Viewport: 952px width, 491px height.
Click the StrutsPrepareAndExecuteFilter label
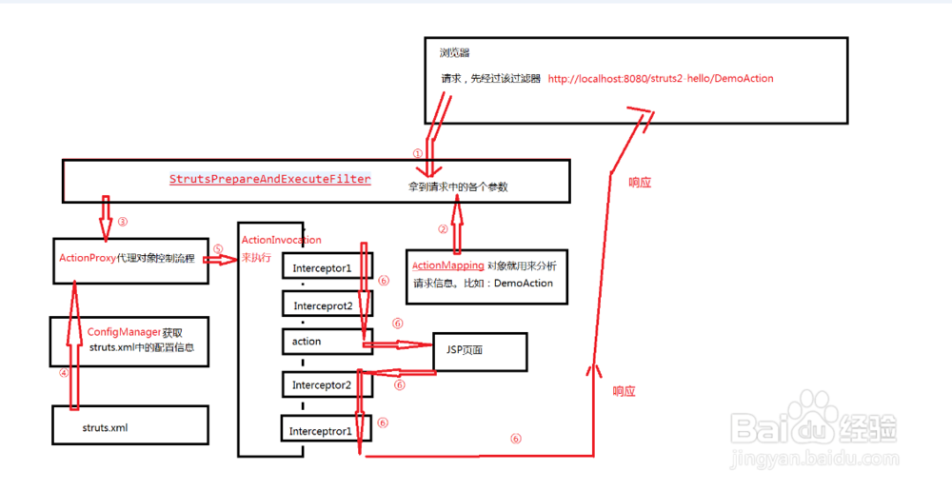tap(270, 179)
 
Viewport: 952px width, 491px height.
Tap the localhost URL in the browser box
tap(661, 78)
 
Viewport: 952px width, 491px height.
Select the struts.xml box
tap(129, 424)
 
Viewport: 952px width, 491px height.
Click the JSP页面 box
tap(479, 351)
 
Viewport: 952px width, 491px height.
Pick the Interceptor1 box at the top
tap(327, 265)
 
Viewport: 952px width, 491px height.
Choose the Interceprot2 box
tap(327, 304)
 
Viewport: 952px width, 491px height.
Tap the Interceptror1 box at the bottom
tap(326, 428)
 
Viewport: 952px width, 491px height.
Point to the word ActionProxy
tap(88, 258)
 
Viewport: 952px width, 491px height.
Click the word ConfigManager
tap(124, 332)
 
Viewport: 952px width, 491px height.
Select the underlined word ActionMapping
tap(448, 265)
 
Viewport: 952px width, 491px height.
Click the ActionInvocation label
tap(281, 240)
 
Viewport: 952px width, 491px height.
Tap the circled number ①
tap(417, 154)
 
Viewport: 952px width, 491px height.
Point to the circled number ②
tap(444, 228)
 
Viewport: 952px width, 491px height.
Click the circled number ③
tap(123, 222)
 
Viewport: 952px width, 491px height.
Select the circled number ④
tap(64, 373)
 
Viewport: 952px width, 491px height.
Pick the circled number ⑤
tap(218, 249)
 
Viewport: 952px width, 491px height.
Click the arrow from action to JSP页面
tap(398, 344)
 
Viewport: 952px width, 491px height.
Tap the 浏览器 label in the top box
tap(455, 52)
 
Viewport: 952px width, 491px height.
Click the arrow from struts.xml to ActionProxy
tap(74, 344)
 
